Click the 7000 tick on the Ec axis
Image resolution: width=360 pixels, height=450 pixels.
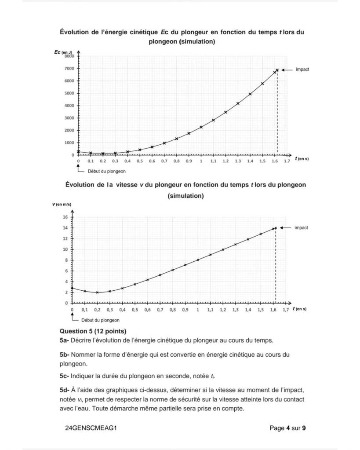(x=70, y=69)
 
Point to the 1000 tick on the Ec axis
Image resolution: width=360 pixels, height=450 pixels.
(x=70, y=143)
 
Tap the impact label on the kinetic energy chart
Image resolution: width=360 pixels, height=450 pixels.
(x=302, y=70)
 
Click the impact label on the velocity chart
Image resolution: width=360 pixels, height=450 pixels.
(x=301, y=227)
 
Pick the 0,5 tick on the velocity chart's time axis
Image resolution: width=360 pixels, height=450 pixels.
(x=135, y=310)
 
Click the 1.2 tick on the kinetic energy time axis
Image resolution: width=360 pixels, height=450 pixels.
(x=225, y=161)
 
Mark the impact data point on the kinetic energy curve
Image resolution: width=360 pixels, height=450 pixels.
(x=277, y=70)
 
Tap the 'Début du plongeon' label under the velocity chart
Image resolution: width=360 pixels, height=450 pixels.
(x=98, y=320)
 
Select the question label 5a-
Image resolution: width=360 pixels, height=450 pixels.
(x=64, y=340)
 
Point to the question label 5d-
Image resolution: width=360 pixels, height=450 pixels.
(x=65, y=390)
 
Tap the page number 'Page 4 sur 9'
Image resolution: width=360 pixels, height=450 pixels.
(x=287, y=427)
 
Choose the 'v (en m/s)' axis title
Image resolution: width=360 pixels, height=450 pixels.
(x=62, y=204)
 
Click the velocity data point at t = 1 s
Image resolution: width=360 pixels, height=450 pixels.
(x=198, y=260)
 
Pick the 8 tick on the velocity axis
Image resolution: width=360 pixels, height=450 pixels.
(x=66, y=260)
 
